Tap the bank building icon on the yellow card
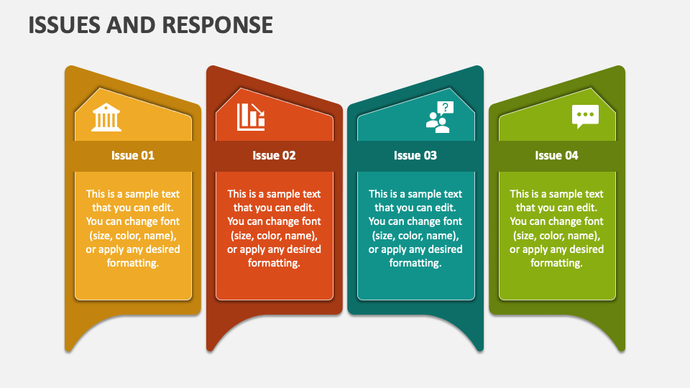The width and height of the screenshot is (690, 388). [106, 117]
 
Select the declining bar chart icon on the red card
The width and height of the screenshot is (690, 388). [251, 116]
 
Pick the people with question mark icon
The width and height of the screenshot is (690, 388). [438, 117]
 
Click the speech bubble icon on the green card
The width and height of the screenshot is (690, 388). [585, 116]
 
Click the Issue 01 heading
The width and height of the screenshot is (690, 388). [133, 155]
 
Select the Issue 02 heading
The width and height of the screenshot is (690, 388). [274, 155]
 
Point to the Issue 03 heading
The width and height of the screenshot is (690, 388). [415, 155]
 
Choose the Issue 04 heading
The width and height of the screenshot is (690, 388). [556, 155]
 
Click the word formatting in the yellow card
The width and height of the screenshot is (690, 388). [133, 263]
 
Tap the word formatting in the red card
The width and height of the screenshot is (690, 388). [274, 263]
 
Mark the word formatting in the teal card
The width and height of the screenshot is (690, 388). [415, 263]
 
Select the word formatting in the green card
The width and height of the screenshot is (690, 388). [556, 263]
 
